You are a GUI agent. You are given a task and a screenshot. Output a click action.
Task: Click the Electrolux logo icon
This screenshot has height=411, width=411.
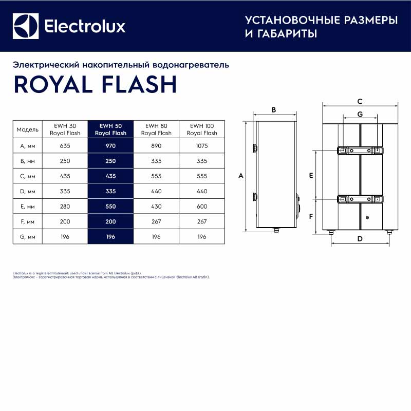coord(26,26)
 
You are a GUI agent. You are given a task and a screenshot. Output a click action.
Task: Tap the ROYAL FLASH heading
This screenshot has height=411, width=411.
coord(95,84)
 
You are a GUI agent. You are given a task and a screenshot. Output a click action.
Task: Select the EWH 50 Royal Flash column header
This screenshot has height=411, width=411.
coord(110,129)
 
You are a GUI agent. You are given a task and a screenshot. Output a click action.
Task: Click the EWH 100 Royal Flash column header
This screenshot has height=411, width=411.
coord(202,129)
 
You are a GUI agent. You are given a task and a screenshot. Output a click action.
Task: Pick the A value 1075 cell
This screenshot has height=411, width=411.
coord(202,146)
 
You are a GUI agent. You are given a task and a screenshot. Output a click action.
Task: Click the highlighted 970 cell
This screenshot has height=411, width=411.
coord(110,146)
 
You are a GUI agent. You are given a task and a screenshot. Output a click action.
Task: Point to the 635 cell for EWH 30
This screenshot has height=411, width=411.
coord(65,146)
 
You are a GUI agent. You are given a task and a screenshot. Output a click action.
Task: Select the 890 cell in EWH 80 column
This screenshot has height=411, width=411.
coord(156,146)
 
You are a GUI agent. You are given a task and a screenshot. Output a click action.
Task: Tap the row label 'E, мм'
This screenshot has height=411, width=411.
coord(27,207)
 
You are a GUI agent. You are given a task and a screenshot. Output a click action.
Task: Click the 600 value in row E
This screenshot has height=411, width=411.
coord(202,207)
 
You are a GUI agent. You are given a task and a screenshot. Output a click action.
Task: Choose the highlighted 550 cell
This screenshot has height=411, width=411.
coord(110,207)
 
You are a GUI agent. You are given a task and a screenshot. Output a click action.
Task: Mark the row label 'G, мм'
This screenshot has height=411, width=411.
coord(27,237)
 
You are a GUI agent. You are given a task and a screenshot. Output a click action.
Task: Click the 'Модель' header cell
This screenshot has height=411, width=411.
coord(27,129)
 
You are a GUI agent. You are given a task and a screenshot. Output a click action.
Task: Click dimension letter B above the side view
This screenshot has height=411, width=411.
coord(274,109)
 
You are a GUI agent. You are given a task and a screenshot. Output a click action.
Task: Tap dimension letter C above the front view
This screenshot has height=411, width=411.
coord(360,101)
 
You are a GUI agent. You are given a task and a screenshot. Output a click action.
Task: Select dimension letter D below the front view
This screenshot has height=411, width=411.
coord(360,238)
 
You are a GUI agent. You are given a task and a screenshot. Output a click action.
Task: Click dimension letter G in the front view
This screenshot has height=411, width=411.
coord(360,114)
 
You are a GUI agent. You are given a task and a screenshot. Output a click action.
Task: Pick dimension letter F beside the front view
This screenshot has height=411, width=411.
coord(311,216)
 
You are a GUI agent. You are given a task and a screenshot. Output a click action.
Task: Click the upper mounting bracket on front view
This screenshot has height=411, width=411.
coord(360,151)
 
